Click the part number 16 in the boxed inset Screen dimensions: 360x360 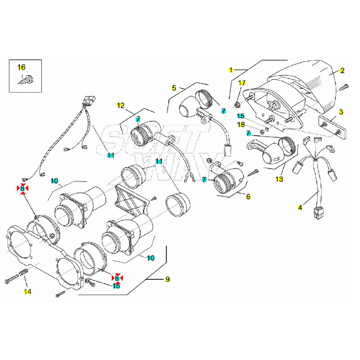[21, 67]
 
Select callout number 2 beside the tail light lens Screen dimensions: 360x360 [342, 70]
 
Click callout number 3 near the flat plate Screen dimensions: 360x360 [341, 112]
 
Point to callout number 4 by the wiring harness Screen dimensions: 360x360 [300, 207]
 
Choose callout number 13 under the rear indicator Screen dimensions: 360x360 [279, 179]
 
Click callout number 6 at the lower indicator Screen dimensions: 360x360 [248, 196]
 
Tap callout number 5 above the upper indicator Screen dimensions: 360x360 [174, 88]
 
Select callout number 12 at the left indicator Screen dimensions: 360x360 [121, 105]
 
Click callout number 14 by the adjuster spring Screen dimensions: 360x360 [28, 292]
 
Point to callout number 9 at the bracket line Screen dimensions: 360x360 [168, 279]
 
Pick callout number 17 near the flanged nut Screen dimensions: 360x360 [242, 83]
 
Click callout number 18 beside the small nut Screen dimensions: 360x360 [241, 124]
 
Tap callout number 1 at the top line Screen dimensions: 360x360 [231, 70]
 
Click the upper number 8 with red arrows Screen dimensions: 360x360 [22, 188]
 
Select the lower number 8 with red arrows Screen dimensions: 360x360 [117, 278]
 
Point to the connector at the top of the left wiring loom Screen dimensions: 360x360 [89, 100]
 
